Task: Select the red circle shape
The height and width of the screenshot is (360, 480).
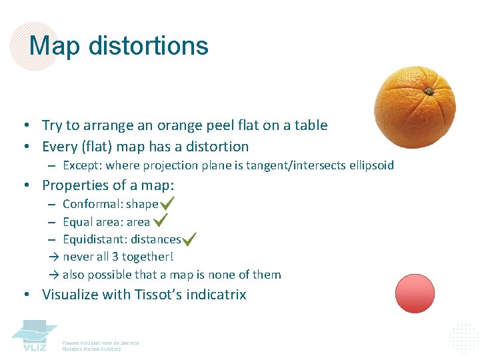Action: pos(415,293)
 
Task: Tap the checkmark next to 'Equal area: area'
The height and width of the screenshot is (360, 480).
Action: pos(160,220)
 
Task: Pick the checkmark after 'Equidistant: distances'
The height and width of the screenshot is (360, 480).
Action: pos(189,238)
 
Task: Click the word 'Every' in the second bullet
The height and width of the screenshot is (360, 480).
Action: pos(59,147)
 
